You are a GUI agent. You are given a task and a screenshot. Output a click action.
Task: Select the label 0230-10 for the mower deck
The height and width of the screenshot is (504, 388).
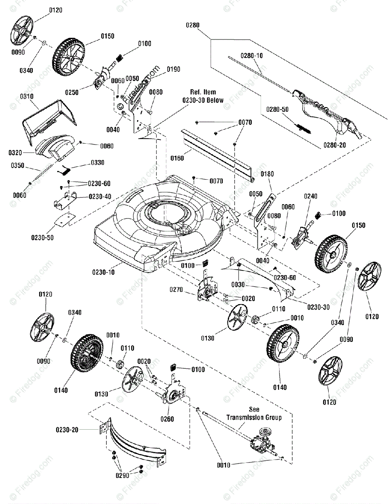point(104,272)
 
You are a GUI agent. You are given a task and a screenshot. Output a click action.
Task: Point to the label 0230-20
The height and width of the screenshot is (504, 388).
point(67,430)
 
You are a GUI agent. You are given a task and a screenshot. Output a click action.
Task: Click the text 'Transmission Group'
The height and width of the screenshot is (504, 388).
point(254,417)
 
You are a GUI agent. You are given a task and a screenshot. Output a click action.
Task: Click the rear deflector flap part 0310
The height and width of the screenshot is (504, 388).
point(48,118)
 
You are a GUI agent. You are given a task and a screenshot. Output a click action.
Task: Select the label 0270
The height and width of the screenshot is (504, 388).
point(177,289)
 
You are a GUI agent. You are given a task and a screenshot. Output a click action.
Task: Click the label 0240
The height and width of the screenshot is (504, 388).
point(311,196)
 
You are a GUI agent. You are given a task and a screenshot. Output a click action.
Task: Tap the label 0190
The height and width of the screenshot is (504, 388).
point(173,69)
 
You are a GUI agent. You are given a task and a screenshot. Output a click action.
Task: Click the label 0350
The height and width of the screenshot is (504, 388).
point(17,165)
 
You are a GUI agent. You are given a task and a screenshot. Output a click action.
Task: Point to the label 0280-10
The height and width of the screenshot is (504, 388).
point(252,55)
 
